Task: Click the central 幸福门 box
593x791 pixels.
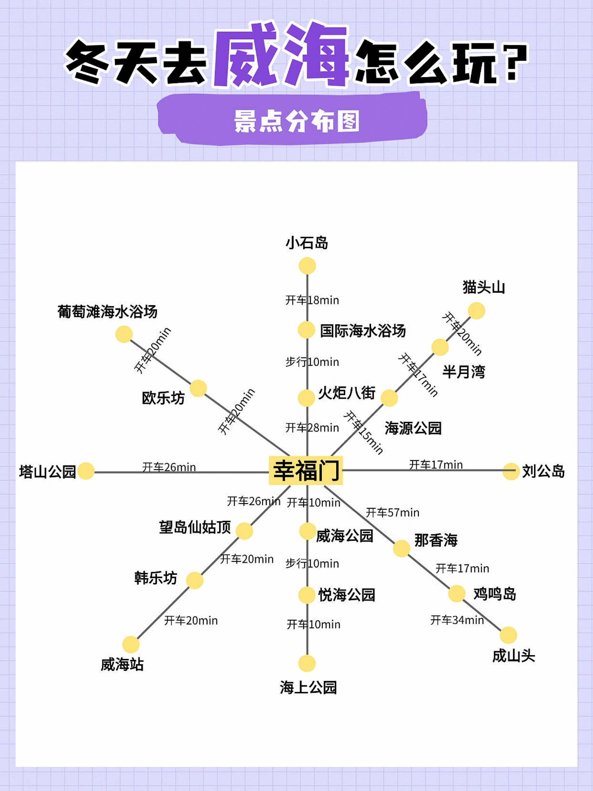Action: click(306, 470)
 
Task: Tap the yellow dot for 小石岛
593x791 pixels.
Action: click(307, 266)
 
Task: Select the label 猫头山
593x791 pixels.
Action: click(484, 287)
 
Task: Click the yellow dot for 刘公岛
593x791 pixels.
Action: click(511, 471)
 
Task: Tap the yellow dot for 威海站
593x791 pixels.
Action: click(131, 645)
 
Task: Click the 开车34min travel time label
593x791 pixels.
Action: click(457, 620)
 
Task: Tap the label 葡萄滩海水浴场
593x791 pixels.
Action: click(107, 311)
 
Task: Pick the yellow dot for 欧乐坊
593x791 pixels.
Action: click(198, 388)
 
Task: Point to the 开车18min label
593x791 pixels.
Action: click(312, 300)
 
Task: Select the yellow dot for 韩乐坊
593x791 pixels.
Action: click(195, 580)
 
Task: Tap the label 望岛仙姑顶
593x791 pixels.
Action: click(195, 527)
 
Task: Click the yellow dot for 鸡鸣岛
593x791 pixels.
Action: click(457, 594)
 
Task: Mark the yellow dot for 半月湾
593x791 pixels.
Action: click(440, 347)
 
